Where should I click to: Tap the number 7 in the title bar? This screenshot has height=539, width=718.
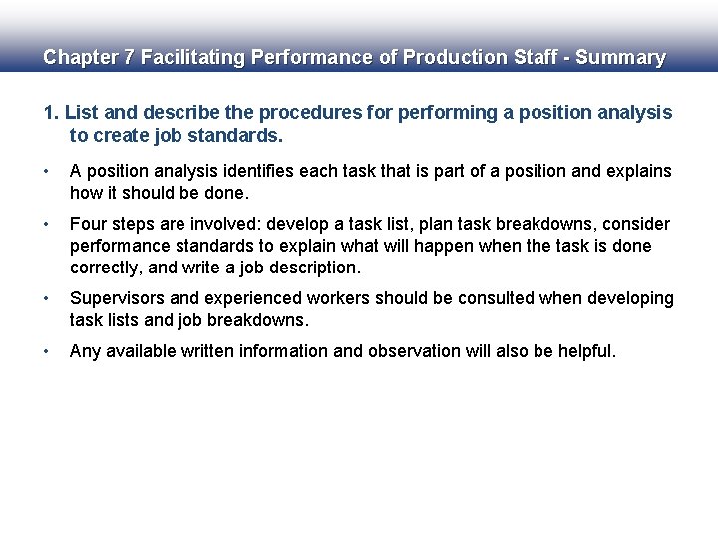[128, 58]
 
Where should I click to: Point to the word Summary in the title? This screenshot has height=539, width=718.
[620, 58]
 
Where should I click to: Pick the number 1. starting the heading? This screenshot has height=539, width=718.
[51, 113]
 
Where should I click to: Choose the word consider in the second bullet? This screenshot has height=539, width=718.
[635, 224]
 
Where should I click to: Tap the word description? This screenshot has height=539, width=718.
[313, 268]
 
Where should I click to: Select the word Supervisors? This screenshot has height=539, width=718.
[116, 299]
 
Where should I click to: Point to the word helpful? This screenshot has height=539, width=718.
[583, 351]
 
